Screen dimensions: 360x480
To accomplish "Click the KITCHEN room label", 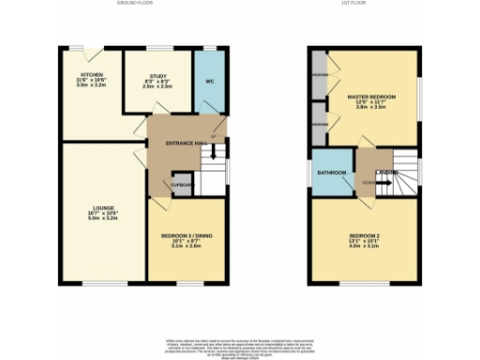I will coord(91,74).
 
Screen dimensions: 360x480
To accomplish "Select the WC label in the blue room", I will coord(210,81).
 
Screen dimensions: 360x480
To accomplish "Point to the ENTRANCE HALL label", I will coord(185,142).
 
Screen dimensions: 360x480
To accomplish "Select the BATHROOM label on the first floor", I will coord(331,173).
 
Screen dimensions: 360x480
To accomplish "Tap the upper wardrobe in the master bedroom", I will coord(320,73).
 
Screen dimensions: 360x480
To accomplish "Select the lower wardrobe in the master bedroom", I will coord(320,124).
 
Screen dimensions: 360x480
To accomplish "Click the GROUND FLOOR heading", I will coord(134,4).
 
